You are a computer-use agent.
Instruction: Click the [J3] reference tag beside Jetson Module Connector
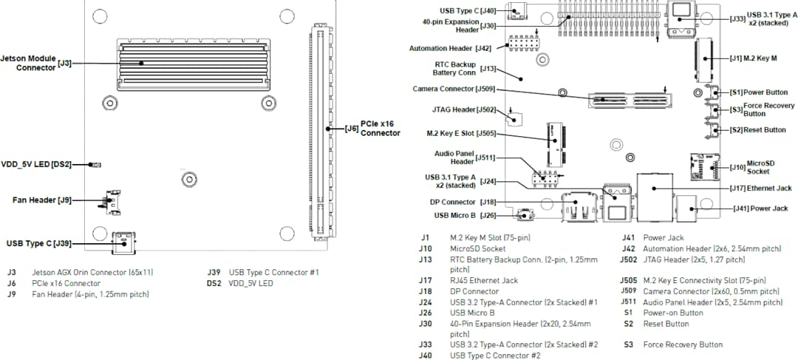[x=65, y=63]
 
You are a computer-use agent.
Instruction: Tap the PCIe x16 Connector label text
[x=380, y=129]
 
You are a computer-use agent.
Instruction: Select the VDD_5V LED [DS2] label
[x=37, y=164]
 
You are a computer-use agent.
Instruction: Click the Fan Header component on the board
[x=112, y=202]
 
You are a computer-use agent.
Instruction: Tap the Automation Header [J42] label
[x=450, y=48]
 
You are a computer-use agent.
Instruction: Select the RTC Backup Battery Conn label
[x=454, y=69]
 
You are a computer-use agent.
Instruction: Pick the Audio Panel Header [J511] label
[x=464, y=157]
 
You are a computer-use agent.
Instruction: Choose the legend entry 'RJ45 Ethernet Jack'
[x=484, y=280]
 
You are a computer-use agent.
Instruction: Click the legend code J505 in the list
[x=628, y=280]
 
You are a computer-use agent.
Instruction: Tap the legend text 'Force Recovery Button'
[x=683, y=344]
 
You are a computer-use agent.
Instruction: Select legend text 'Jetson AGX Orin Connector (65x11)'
[x=92, y=272]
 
